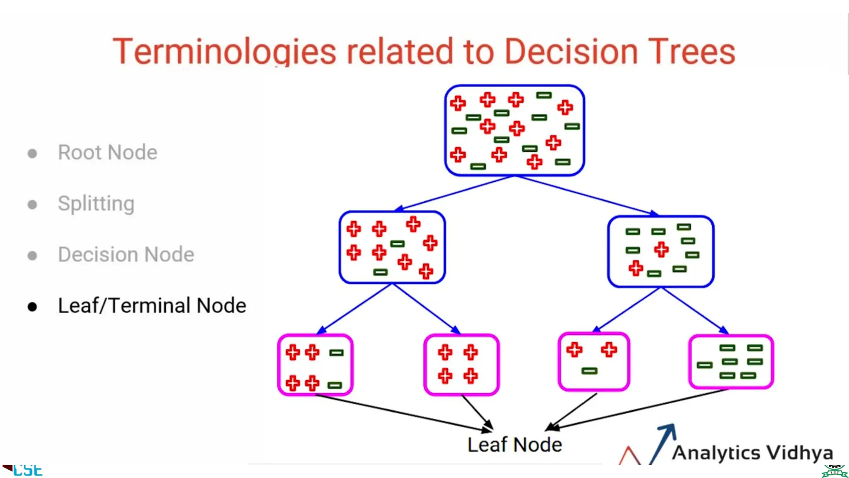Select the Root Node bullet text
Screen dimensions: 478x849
tap(107, 152)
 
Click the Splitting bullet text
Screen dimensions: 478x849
tap(96, 204)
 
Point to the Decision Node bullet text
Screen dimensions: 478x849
tap(126, 254)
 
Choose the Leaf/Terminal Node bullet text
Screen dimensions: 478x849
tap(152, 306)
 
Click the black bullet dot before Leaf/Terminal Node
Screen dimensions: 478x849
tap(32, 307)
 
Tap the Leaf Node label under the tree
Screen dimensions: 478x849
tap(514, 445)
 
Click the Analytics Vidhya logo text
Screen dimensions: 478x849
tap(752, 453)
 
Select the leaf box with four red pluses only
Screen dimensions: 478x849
tap(461, 364)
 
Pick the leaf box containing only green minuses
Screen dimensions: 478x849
tap(731, 362)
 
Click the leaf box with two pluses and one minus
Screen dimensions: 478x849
tap(594, 361)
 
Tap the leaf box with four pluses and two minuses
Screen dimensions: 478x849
tap(315, 365)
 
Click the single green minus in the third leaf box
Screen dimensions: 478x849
tap(589, 371)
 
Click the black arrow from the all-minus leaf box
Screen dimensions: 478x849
tap(638, 409)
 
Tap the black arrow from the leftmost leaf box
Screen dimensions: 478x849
tap(402, 413)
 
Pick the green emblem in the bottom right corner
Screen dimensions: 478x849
tap(834, 471)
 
